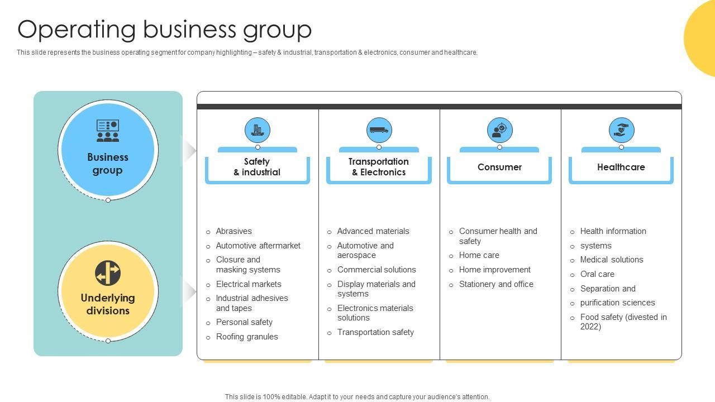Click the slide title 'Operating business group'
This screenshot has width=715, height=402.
(x=165, y=29)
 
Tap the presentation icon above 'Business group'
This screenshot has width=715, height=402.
(x=108, y=131)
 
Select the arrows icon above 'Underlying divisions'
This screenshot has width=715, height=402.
(x=108, y=273)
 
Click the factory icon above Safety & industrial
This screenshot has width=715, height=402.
(x=258, y=130)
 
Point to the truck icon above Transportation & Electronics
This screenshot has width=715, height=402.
(x=379, y=130)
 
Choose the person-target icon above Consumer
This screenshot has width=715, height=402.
(x=499, y=130)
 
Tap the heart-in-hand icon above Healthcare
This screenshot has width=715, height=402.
(x=621, y=130)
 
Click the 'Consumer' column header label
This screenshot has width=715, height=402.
(x=499, y=167)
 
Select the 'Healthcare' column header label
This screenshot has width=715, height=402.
(x=621, y=167)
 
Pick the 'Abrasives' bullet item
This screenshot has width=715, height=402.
(x=233, y=231)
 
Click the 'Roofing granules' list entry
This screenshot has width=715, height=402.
(x=247, y=337)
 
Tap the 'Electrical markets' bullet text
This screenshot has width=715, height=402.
(x=249, y=284)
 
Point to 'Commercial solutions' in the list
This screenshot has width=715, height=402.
(x=376, y=270)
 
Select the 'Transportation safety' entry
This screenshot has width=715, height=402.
(x=375, y=332)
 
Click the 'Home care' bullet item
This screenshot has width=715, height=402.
(x=479, y=255)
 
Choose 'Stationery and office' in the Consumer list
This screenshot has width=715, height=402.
(x=496, y=284)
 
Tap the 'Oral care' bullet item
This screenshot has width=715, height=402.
(x=597, y=274)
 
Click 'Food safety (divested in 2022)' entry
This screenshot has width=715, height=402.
(x=623, y=322)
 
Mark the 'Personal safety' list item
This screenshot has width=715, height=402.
(x=244, y=322)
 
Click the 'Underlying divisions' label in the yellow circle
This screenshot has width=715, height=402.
(x=108, y=304)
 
